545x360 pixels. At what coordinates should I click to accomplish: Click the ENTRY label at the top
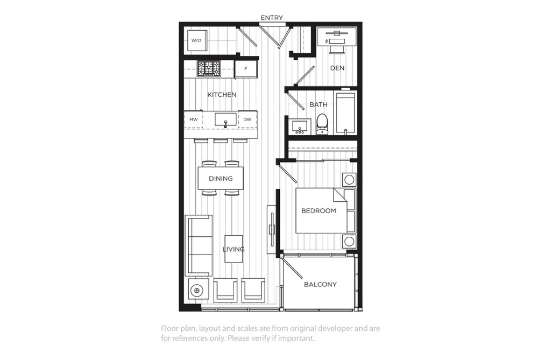click(272, 18)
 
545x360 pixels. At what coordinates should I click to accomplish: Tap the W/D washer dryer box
click(197, 40)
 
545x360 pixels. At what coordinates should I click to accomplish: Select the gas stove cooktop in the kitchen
click(209, 68)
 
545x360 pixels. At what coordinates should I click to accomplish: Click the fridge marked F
click(246, 69)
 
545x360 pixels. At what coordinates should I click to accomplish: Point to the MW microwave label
click(194, 119)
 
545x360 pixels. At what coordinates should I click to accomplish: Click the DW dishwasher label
click(247, 119)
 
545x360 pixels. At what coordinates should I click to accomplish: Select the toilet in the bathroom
click(322, 124)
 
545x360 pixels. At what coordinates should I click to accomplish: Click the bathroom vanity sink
click(300, 126)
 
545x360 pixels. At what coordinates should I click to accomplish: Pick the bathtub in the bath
click(345, 113)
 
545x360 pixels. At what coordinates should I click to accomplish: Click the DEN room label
click(337, 68)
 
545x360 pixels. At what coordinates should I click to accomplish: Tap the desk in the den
click(337, 37)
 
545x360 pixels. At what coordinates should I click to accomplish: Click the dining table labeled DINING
click(221, 178)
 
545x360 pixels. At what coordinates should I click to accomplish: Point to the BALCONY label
click(320, 284)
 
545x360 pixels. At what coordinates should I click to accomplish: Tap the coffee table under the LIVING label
click(233, 249)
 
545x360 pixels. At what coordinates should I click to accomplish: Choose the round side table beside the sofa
click(197, 290)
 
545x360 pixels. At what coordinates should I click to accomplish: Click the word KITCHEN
click(222, 95)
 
